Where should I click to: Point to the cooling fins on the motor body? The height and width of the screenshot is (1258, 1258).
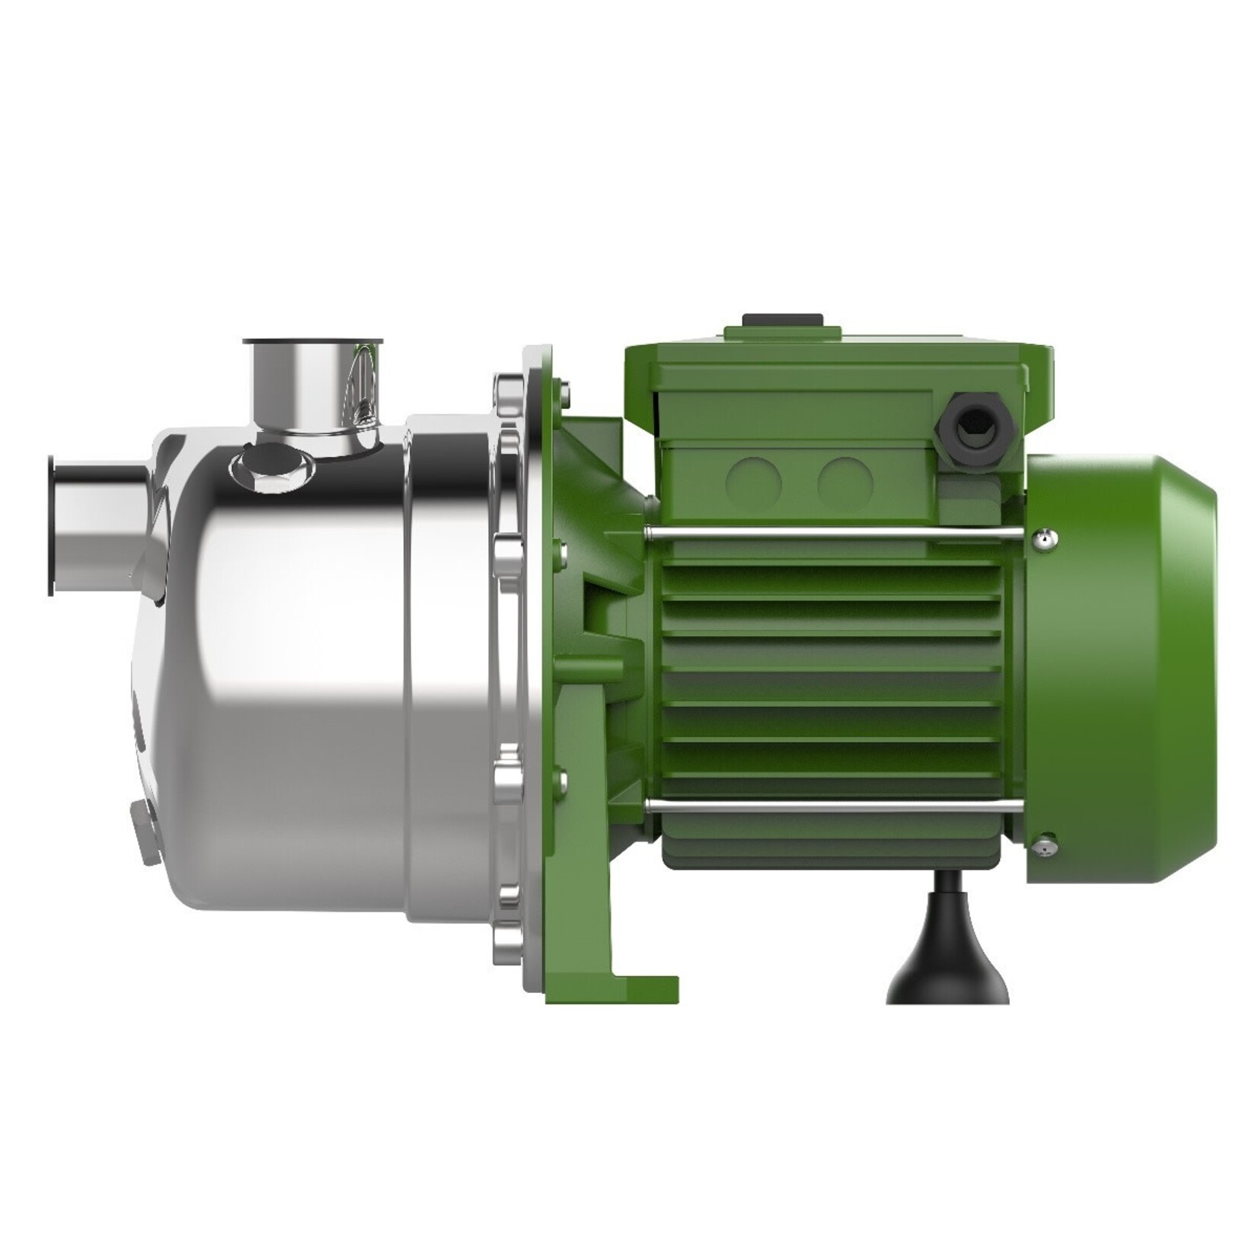(830, 670)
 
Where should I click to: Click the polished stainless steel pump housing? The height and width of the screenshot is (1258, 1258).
(305, 685)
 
